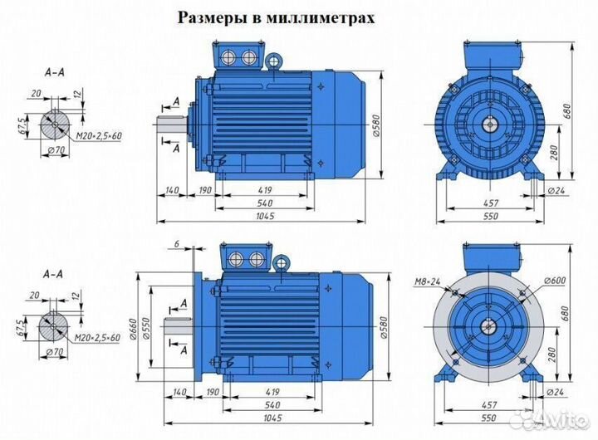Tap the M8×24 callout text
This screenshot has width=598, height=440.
pos(427,280)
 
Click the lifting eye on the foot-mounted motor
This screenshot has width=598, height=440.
pos(273,60)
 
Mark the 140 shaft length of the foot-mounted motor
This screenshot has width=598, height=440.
pos(173,192)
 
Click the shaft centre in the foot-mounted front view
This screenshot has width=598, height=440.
pos(489,125)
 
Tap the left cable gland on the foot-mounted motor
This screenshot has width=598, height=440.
pos(230,57)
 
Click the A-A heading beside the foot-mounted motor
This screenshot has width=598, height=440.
pos(55,73)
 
